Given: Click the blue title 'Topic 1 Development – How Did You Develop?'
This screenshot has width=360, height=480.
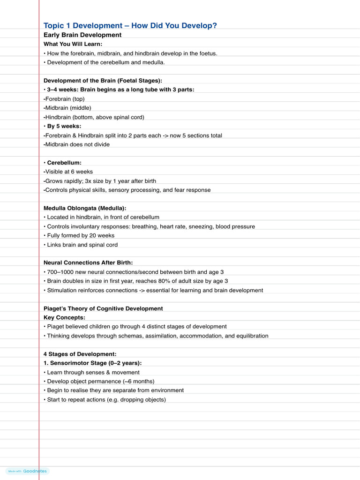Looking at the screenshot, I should [130, 25].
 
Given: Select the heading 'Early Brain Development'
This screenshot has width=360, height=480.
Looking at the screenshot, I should [82, 35].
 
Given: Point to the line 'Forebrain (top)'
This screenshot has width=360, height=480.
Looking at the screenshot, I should [65, 99].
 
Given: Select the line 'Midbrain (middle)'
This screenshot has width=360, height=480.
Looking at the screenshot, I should [68, 108].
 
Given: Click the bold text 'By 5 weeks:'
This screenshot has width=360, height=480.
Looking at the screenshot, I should [64, 126].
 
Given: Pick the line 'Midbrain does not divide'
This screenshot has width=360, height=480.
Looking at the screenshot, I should [77, 144].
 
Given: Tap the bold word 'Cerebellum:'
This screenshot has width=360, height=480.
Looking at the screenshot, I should [64, 163].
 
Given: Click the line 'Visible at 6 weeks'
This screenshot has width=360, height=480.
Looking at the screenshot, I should [69, 172].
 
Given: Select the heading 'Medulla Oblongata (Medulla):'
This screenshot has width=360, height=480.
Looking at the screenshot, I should [85, 208].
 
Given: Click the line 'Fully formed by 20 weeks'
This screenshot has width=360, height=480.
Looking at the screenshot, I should [81, 235].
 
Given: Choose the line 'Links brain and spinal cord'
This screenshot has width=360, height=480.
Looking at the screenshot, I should [82, 245].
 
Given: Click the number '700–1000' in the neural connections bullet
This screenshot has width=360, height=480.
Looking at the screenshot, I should [60, 272].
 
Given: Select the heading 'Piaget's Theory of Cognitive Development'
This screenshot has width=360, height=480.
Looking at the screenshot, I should [103, 308].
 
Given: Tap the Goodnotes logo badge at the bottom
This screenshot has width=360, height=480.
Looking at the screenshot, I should [28, 471].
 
